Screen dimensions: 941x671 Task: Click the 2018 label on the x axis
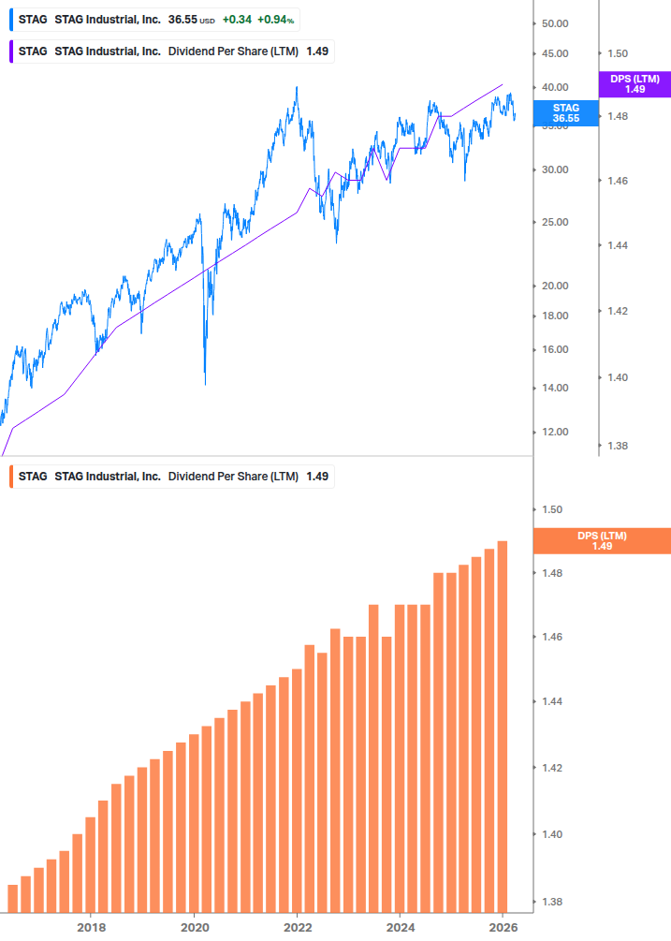tap(91, 927)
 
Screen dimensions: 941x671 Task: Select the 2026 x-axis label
tap(503, 927)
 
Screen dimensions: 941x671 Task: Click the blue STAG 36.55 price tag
tap(565, 113)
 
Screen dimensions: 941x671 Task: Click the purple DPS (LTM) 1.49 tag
tap(635, 84)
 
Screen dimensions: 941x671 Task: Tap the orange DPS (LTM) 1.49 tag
tap(601, 540)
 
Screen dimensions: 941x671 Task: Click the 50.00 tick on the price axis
tap(556, 23)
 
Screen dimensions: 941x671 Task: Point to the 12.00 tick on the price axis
tap(556, 432)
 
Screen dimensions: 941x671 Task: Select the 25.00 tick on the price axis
tap(556, 222)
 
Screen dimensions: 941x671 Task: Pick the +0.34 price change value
tap(237, 19)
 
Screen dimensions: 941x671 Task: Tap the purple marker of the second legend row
tap(11, 51)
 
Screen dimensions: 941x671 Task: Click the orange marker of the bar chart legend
tap(11, 477)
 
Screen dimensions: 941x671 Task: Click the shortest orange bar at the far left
tap(13, 898)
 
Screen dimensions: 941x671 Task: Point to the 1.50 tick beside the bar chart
tap(552, 510)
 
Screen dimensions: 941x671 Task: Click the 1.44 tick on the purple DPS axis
tap(620, 245)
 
